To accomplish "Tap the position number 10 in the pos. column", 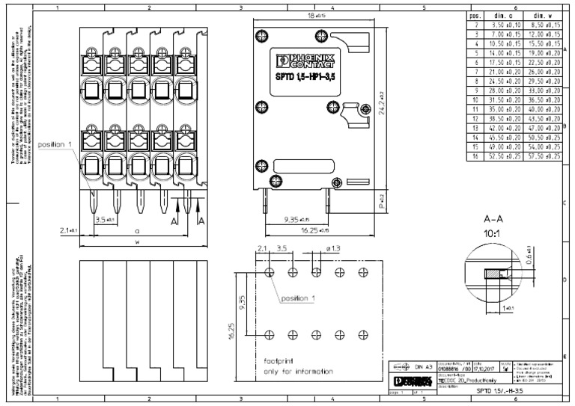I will (474, 100).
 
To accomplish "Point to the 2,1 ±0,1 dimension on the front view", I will (67, 232).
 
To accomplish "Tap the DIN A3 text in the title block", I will (425, 367).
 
